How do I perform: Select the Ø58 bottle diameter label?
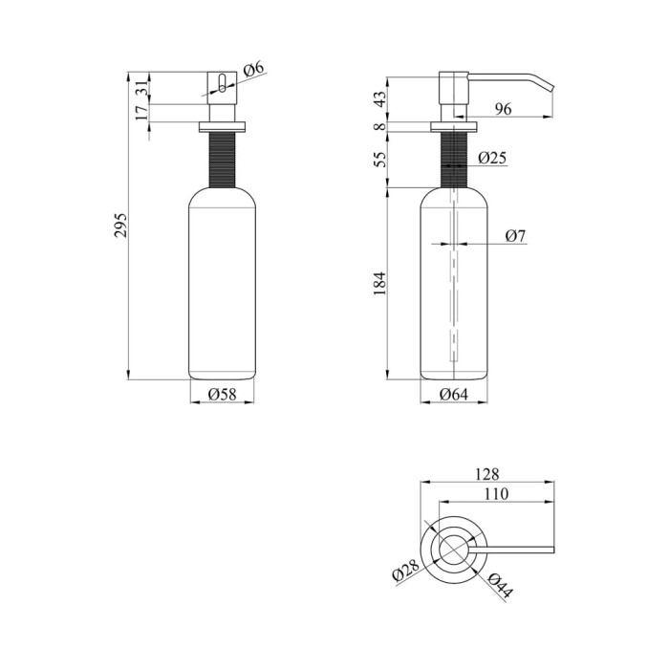point(222,394)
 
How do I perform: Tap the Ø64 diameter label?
point(454,394)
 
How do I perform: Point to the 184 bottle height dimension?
point(379,283)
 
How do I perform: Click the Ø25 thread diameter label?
point(492,158)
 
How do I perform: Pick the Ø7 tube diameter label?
point(516,235)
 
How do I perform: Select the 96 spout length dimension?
point(503,109)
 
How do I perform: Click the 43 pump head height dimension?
point(379,99)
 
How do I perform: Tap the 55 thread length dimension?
point(379,159)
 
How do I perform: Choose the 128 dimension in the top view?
point(486,474)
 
